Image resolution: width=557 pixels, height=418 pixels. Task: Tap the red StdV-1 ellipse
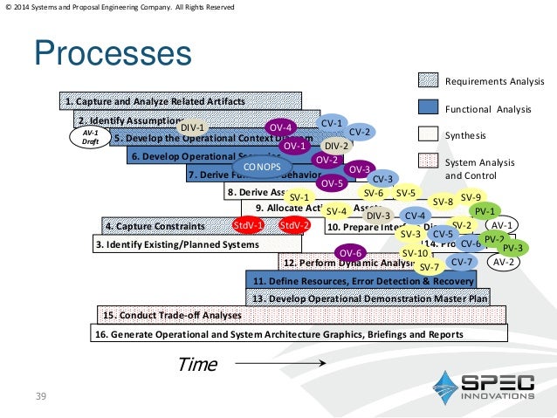click(249, 226)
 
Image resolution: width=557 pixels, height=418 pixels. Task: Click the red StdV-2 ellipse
click(295, 226)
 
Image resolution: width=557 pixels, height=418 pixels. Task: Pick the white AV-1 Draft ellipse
click(90, 137)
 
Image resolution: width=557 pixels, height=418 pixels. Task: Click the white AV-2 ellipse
click(503, 261)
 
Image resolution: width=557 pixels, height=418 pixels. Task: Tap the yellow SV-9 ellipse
click(471, 197)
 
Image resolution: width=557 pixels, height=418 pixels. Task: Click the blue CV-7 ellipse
click(463, 262)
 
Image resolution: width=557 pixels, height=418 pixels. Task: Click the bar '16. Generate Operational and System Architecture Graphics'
click(297, 333)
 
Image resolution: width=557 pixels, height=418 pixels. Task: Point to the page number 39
click(39, 397)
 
